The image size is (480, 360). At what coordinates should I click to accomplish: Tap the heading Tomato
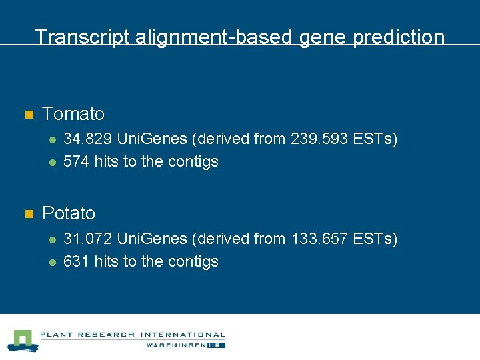pyautogui.click(x=73, y=114)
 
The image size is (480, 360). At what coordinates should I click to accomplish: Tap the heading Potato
pyautogui.click(x=69, y=213)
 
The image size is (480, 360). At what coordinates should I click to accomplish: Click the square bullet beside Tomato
pyautogui.click(x=29, y=115)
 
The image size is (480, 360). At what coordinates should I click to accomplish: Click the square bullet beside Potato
pyautogui.click(x=29, y=214)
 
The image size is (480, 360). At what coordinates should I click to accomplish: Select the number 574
pyautogui.click(x=76, y=161)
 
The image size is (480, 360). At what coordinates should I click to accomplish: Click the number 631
pyautogui.click(x=76, y=261)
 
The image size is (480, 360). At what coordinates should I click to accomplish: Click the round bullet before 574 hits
pyautogui.click(x=51, y=162)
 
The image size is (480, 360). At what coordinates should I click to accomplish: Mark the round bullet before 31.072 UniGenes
pyautogui.click(x=51, y=239)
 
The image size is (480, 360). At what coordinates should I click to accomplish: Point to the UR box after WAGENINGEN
pyautogui.click(x=217, y=345)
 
